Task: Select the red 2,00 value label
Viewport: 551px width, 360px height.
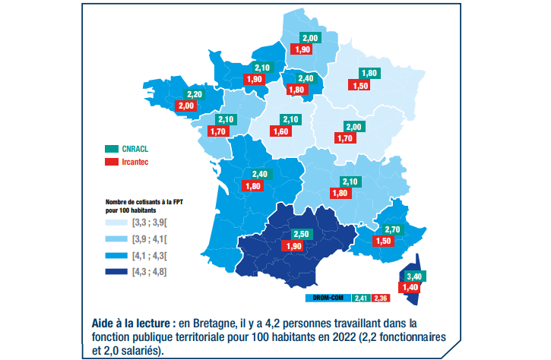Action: pos(185,106)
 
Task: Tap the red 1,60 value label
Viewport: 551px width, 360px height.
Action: pos(281,131)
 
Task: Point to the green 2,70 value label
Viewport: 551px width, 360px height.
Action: pos(393,229)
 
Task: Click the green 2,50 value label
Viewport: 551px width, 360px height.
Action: pos(302,234)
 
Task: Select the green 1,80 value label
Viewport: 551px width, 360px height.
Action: pos(369,74)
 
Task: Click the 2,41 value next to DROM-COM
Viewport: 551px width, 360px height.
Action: pos(363,297)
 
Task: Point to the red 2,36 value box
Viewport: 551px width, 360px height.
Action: pos(382,297)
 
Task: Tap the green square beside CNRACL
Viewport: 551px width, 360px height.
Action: pos(108,149)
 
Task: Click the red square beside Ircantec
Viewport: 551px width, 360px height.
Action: pos(108,162)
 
